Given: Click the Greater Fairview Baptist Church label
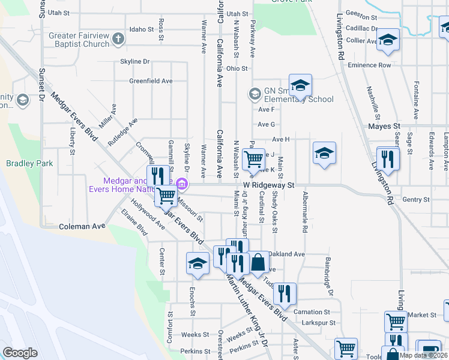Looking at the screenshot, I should (x=79, y=40).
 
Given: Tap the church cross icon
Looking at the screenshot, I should (x=118, y=40).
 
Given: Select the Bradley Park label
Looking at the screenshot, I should (x=29, y=163).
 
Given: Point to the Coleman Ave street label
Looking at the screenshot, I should (x=82, y=226).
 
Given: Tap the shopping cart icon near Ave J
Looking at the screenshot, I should (x=255, y=159).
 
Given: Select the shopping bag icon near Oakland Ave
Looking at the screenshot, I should (x=258, y=262).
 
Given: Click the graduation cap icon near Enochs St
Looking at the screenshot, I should (x=197, y=263).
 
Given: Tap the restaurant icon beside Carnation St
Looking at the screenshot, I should (x=285, y=293).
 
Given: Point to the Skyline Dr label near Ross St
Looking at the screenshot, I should (x=134, y=62).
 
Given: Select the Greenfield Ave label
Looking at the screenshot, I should (x=151, y=81).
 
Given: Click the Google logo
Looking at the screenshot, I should (x=20, y=353).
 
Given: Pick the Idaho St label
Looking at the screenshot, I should (x=142, y=29).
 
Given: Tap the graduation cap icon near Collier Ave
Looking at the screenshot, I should (x=388, y=40).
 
